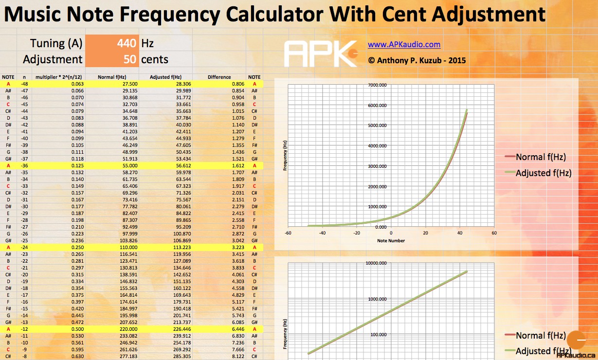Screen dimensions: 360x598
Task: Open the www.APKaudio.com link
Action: coord(404,45)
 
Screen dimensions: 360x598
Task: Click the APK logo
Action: coord(321,54)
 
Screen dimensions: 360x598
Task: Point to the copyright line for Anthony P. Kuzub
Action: coord(417,60)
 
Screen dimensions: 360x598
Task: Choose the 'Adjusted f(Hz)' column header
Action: coord(166,77)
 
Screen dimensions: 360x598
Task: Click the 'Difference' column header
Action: coord(219,77)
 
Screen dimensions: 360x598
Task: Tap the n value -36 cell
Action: coord(24,165)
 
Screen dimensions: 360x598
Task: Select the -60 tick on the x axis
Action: coord(288,233)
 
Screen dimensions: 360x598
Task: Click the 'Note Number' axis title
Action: coord(391,240)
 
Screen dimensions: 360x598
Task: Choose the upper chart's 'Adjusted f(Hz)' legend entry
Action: coord(543,173)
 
